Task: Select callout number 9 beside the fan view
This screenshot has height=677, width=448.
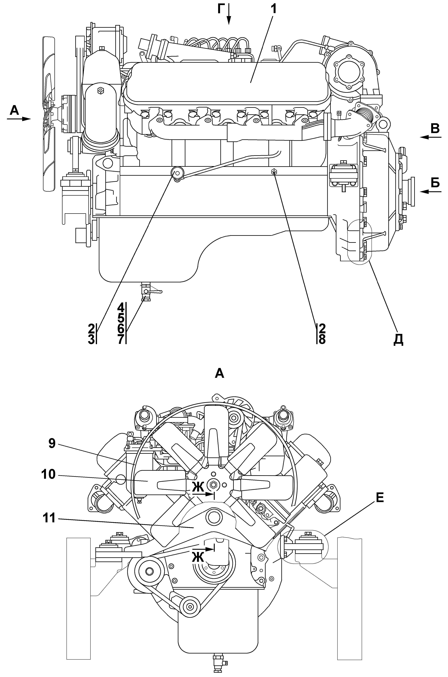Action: click(52, 444)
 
